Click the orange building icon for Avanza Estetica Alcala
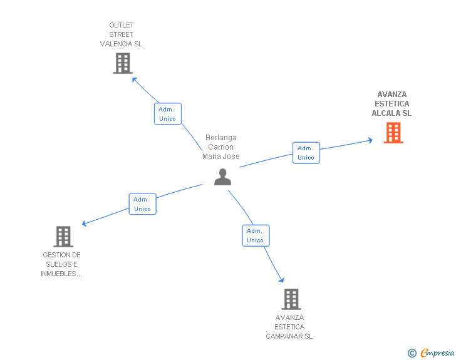[x=393, y=133]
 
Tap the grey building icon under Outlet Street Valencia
[x=123, y=63]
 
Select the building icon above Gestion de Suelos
[x=63, y=237]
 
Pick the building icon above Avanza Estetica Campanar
[x=291, y=299]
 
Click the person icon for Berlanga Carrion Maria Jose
[x=222, y=177]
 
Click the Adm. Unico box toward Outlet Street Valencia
[x=168, y=114]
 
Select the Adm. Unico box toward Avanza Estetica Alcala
[x=306, y=153]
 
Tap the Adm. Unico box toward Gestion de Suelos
[x=143, y=204]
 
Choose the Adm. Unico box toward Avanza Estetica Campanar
[x=256, y=235]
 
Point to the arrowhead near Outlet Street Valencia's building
[x=134, y=80]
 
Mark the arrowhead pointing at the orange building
[x=370, y=140]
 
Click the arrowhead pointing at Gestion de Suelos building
[x=85, y=224]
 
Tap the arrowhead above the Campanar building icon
[x=281, y=280]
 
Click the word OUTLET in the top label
[x=122, y=25]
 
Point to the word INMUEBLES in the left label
[x=58, y=274]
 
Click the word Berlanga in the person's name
[x=221, y=138]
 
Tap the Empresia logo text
[x=437, y=352]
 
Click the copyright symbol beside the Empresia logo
[x=412, y=353]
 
